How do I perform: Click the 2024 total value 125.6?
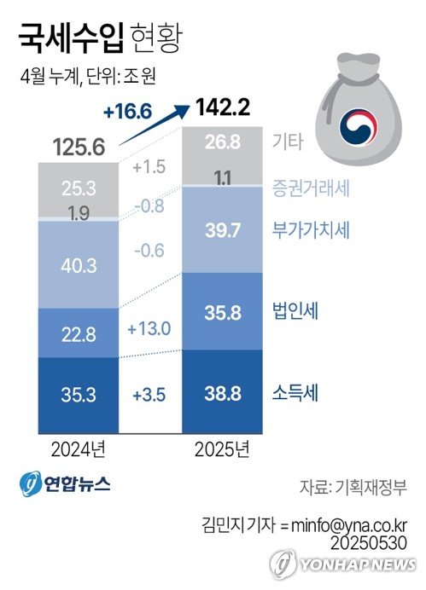pos(79,147)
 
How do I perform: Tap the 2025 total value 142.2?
pos(224,108)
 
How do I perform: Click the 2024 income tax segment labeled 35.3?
pos(79,395)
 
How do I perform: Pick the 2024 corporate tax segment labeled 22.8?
pos(79,333)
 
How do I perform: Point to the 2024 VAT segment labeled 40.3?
pos(79,266)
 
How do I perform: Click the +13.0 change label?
pos(149,329)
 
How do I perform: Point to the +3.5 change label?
pos(149,395)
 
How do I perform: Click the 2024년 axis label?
pos(79,448)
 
